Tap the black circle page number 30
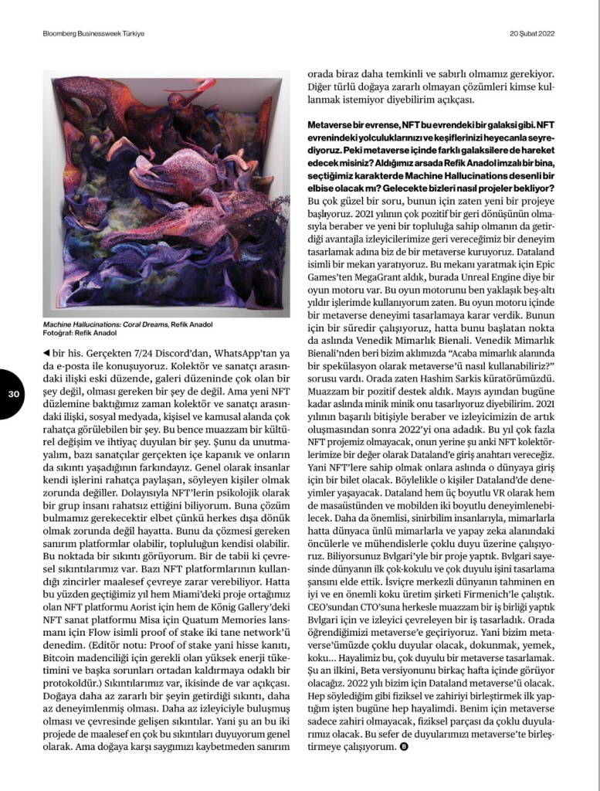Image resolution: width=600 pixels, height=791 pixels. click(x=13, y=393)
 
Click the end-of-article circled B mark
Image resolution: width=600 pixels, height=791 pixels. click(x=404, y=747)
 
